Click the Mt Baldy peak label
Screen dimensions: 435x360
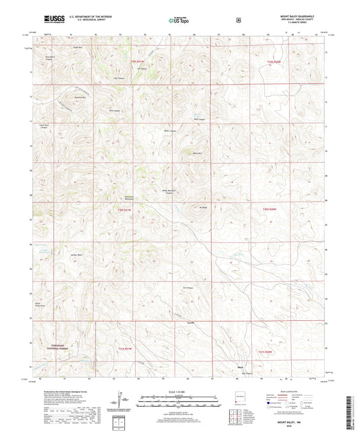[203, 207]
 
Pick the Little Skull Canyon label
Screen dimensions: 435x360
[44, 128]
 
